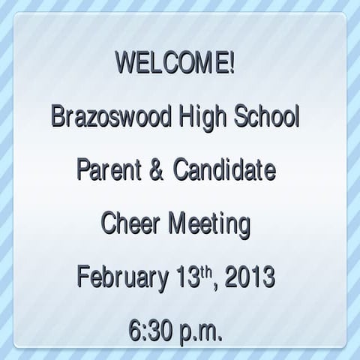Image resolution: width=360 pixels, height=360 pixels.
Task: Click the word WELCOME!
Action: (x=175, y=63)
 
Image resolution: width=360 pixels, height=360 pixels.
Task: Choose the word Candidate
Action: (x=225, y=171)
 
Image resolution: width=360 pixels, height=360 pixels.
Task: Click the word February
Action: (x=121, y=279)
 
